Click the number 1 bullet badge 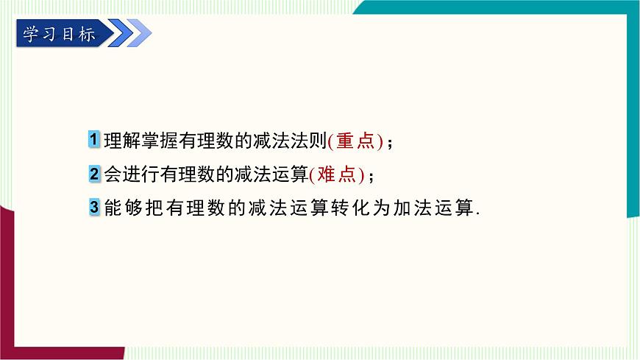pos(94,139)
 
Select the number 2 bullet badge pos(94,174)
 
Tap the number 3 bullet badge pos(94,208)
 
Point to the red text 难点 pos(336,174)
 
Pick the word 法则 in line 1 pos(311,141)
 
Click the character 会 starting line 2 pos(113,174)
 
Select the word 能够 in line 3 pos(122,208)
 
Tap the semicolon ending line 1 pos(390,144)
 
